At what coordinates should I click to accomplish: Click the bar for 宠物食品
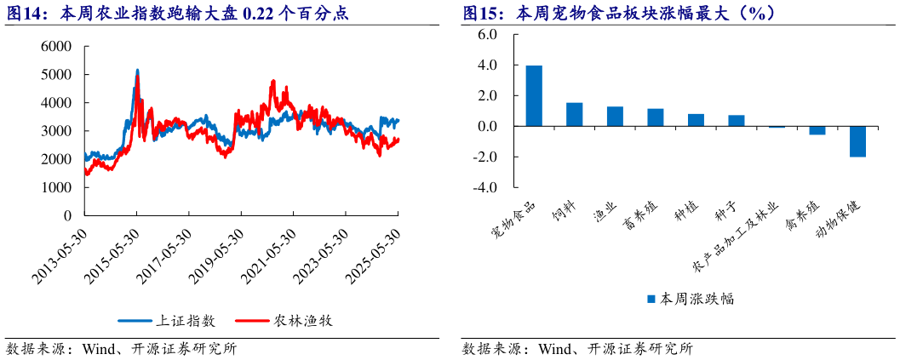click(534, 95)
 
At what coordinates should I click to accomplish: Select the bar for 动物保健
click(857, 141)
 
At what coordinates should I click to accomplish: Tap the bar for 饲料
click(575, 114)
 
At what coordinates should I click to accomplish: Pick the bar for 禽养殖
click(817, 130)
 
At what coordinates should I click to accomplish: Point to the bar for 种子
click(737, 121)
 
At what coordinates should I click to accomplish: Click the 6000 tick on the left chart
click(56, 46)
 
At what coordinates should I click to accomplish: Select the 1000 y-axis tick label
click(56, 187)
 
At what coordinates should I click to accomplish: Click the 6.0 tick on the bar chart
click(486, 34)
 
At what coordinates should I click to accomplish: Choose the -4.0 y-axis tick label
click(484, 187)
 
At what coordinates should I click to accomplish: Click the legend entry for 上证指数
click(167, 321)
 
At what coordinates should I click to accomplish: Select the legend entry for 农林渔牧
click(286, 321)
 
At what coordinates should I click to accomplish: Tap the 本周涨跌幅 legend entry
click(690, 299)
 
